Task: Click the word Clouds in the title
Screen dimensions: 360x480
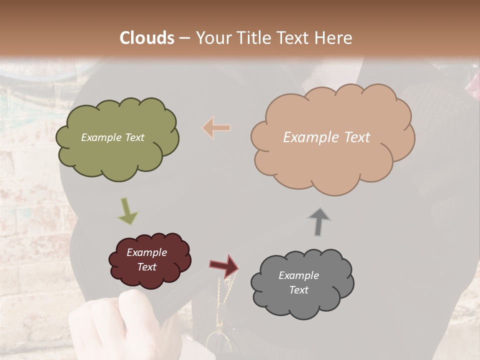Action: pyautogui.click(x=147, y=38)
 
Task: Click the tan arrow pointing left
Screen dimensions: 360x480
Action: pyautogui.click(x=216, y=128)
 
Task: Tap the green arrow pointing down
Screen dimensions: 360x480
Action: pyautogui.click(x=127, y=211)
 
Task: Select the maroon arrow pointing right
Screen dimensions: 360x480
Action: pyautogui.click(x=223, y=265)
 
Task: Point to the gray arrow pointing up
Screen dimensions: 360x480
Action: pyautogui.click(x=319, y=221)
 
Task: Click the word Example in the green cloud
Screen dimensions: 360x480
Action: pyautogui.click(x=100, y=137)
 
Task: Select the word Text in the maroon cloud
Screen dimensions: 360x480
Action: pyautogui.click(x=146, y=267)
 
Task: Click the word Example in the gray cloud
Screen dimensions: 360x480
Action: pyautogui.click(x=298, y=275)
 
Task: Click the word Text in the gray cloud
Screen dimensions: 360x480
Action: pyautogui.click(x=298, y=290)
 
